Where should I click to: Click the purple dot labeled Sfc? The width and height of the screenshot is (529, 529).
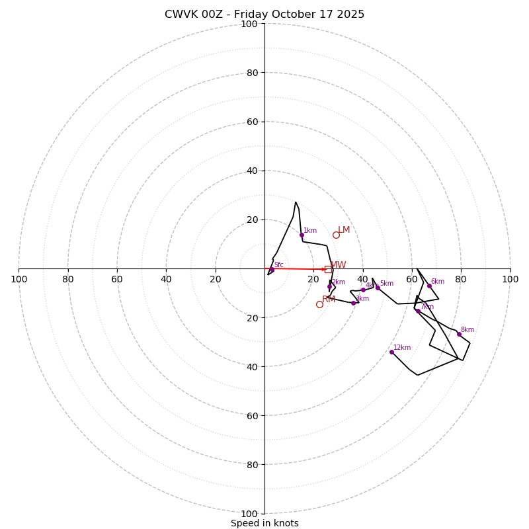[x=272, y=269]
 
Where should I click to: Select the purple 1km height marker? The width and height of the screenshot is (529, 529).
[x=302, y=235]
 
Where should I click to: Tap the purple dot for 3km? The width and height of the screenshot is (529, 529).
[x=353, y=303]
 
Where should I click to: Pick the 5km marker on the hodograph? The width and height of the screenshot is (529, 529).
[x=378, y=288]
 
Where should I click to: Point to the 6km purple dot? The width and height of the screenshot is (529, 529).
[x=429, y=286]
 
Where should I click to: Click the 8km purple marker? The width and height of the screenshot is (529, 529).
[x=459, y=334]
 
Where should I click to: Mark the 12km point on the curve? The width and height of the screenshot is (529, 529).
[x=391, y=352]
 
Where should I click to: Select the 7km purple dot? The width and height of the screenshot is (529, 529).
[x=418, y=311]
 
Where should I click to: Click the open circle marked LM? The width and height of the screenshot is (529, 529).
[x=336, y=235]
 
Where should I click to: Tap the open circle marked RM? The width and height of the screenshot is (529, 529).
[x=319, y=304]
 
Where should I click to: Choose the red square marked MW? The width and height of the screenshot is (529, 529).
[x=328, y=269]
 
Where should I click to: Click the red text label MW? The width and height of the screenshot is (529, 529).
[x=338, y=265]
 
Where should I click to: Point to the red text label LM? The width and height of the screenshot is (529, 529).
[x=344, y=230]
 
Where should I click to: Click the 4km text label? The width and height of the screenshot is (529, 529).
[x=372, y=286]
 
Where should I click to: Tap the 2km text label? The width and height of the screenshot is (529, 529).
[x=339, y=282]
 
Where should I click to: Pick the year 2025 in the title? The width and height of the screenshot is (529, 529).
[x=351, y=15]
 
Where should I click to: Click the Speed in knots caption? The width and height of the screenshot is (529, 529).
[x=264, y=523]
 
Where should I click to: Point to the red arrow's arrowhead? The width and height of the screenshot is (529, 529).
[x=325, y=269]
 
